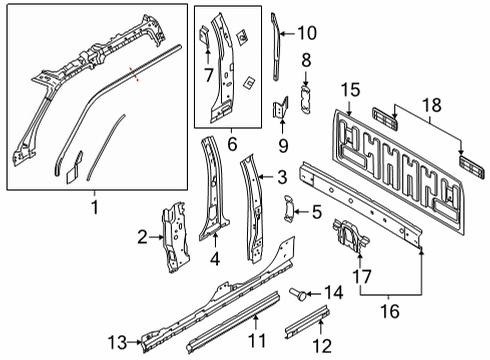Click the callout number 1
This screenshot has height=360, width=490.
tap(95, 207)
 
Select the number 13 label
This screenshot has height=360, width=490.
tap(117, 343)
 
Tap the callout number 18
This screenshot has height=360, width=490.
tap(432, 105)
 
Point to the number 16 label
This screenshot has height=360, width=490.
tap(390, 311)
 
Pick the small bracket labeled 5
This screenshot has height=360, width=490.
tap(288, 208)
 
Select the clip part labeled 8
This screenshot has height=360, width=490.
tap(305, 98)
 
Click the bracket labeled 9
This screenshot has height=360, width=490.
tap(281, 107)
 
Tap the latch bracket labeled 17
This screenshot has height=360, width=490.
tap(351, 235)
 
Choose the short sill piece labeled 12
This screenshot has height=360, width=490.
tap(307, 321)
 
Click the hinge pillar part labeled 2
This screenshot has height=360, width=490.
tap(175, 237)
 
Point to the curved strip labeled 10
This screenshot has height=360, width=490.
tap(276, 47)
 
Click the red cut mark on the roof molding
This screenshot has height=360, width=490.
tap(134, 74)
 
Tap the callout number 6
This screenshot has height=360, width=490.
tap(232, 144)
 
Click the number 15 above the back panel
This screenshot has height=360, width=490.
tap(350, 90)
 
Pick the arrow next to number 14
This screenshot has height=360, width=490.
tap(313, 294)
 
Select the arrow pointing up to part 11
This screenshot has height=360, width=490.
tap(256, 322)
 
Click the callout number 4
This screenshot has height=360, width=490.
tap(215, 258)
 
